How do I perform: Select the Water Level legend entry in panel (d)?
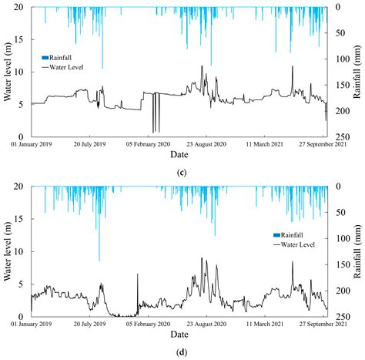click(x=294, y=244)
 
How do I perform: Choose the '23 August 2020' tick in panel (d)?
click(x=209, y=325)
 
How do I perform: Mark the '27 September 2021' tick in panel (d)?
click(x=326, y=325)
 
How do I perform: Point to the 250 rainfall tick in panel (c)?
click(x=341, y=136)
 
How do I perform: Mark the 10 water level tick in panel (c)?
click(x=22, y=72)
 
